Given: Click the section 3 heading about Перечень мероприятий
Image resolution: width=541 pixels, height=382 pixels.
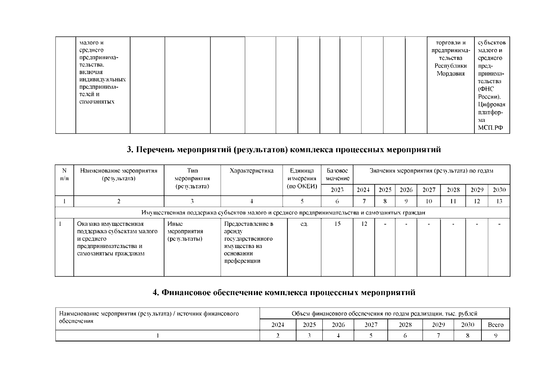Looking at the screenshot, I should coord(284,150).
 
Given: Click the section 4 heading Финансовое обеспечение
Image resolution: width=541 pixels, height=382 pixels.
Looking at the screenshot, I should coord(284,292).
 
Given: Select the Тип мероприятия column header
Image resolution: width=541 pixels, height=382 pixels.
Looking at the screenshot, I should coord(192,179).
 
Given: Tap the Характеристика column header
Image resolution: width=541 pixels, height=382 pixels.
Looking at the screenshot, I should coord(251,171).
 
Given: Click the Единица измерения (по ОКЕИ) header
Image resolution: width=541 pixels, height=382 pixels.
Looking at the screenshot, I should coord(302,179).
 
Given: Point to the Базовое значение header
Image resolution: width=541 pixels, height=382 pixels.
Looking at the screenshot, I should coord(337,175).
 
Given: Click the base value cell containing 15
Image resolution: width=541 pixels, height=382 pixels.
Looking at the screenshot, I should coord(337,224).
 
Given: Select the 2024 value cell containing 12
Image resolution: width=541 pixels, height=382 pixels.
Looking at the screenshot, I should coord(364,224).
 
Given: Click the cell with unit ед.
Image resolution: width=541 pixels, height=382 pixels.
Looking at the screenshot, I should coord(304,224).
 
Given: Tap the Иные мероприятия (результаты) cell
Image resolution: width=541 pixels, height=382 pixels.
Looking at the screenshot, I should coord(185,231).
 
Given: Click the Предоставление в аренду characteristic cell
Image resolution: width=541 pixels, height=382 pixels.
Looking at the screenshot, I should coord(249,242).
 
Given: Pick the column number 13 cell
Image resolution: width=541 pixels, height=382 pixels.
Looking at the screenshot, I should coord(499,201).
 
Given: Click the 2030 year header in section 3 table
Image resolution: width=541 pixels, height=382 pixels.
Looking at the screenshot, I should coord(499,190).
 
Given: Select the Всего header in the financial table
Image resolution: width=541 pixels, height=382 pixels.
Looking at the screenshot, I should coord(495,325).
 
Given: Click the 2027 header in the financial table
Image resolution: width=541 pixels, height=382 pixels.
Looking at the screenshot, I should coord(371,325).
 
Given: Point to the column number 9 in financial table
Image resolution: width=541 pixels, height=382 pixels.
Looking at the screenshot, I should coord(495,336).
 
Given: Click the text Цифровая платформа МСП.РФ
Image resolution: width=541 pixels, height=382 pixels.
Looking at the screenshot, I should coord(491,116).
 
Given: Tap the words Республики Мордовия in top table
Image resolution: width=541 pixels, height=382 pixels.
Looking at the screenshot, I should coord(451,70).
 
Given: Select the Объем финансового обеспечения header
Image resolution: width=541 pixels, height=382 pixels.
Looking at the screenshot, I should coord(384,314).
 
